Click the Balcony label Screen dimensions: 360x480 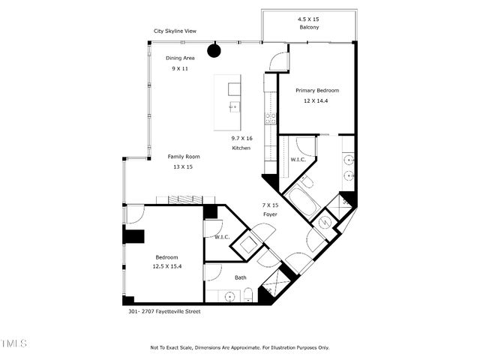[308, 27]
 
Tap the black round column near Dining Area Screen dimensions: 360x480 [214, 50]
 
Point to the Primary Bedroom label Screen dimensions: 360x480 [316, 90]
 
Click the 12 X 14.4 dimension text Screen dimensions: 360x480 [316, 100]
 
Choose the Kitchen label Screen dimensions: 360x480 [241, 148]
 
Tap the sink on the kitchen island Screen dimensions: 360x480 [234, 106]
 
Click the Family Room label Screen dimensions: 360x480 [184, 157]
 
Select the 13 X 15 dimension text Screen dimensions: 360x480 [184, 166]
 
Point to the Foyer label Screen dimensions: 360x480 [270, 214]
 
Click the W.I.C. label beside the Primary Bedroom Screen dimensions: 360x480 [296, 160]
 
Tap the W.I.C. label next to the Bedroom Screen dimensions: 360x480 [221, 237]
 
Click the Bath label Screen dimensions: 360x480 [240, 277]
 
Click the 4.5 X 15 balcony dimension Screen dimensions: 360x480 [308, 18]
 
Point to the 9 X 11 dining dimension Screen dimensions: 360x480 [179, 67]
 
